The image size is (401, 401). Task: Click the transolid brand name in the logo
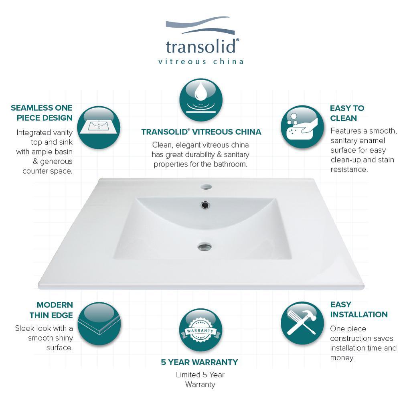[x=200, y=47]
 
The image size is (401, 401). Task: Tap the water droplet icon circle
[x=201, y=100]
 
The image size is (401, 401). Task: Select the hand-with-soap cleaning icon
[x=302, y=127]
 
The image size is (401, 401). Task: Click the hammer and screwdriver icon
[x=302, y=323]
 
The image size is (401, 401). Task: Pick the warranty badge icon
[x=200, y=330]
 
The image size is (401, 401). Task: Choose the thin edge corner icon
[x=99, y=324]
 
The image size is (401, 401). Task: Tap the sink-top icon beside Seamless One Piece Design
[x=99, y=128]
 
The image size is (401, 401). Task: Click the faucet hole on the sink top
[x=206, y=187]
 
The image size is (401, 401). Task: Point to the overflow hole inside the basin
[x=205, y=205]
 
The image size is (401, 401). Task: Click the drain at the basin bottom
[x=205, y=247]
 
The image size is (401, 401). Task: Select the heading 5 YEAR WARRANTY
[x=199, y=362]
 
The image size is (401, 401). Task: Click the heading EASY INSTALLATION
[x=359, y=310]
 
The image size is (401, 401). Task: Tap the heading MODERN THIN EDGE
[x=51, y=310]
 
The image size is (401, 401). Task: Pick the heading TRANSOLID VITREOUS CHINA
[x=201, y=132]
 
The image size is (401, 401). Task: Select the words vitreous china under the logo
[x=201, y=62]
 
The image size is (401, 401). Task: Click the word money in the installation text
[x=342, y=358]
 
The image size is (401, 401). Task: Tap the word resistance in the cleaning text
[x=349, y=169]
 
